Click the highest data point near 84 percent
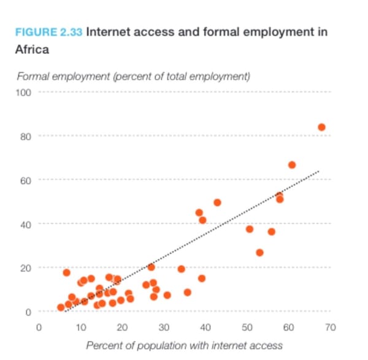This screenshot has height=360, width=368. pos(321,127)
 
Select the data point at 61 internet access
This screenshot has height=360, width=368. pos(292,165)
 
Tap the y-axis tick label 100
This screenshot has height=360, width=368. pos(24,92)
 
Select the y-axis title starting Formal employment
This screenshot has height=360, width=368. pos(133,77)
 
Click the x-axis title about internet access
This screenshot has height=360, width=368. pos(184,345)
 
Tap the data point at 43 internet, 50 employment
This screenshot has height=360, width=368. pos(217,202)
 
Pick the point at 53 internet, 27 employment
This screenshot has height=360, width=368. pos(259,253)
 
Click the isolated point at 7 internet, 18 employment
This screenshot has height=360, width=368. pos(66,272)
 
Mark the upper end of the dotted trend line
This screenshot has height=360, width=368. pos(319,171)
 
